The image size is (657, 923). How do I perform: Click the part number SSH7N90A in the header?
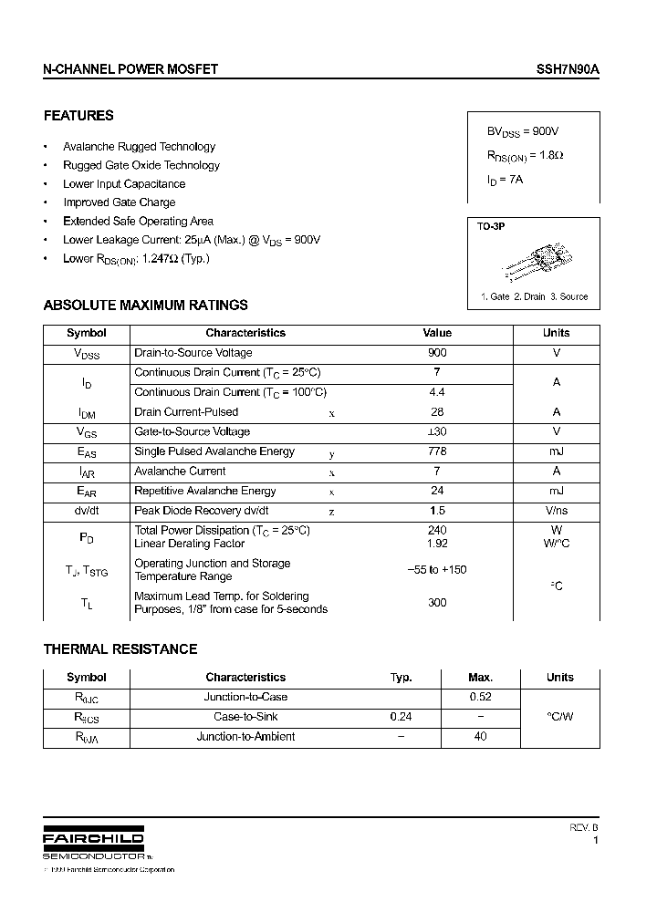point(567,69)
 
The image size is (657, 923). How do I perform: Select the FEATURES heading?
point(78,116)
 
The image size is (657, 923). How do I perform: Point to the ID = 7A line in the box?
point(505,181)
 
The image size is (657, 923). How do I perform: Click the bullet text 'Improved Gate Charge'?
point(119,202)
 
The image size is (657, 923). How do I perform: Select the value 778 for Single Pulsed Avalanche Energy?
point(437,451)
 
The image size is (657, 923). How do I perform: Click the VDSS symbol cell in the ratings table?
point(87,354)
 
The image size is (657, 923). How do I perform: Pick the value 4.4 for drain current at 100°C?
point(437,392)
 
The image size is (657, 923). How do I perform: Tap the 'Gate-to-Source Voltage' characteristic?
point(192,431)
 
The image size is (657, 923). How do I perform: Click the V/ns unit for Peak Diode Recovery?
point(556,511)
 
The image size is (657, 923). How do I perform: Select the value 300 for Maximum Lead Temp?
point(437,603)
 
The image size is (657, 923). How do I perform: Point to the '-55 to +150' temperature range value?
point(437,570)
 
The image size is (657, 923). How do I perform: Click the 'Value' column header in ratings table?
point(437,333)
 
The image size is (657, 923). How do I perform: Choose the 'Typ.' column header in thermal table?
point(401,678)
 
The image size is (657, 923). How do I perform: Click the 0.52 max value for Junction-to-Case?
point(480,697)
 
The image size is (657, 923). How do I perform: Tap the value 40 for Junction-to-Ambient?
point(480,737)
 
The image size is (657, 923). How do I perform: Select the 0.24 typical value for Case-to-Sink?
point(401,717)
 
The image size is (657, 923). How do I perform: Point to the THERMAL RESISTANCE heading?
point(120,649)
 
